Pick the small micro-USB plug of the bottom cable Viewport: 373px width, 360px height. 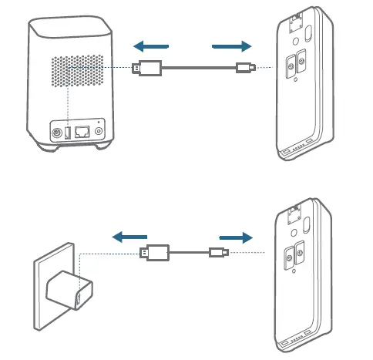217,252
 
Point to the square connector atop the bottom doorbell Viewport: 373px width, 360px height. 293,214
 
